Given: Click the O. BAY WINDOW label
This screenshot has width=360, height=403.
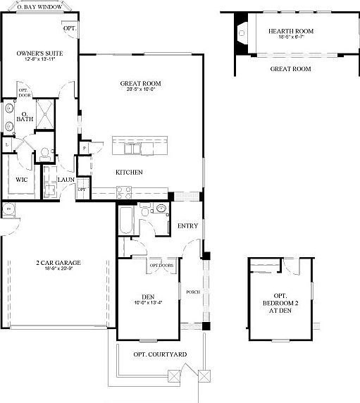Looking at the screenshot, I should tap(39, 6).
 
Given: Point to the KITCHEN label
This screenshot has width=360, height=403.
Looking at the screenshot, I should tap(130, 173).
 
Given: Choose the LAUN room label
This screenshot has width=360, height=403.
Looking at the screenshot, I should tap(67, 180).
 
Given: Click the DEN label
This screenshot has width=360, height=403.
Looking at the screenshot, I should tap(147, 296).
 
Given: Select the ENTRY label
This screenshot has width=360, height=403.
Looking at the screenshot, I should tap(187, 225).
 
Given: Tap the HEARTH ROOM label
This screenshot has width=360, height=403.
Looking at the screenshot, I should tap(290, 31).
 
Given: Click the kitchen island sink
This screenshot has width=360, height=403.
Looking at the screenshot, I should tap(132, 149).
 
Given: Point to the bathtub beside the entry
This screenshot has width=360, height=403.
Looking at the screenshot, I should tap(128, 220).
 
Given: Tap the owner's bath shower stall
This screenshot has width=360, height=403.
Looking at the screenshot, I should tap(47, 113).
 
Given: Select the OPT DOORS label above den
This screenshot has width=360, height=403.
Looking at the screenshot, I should tap(161, 265).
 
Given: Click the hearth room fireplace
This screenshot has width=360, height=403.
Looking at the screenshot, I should tap(242, 32).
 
